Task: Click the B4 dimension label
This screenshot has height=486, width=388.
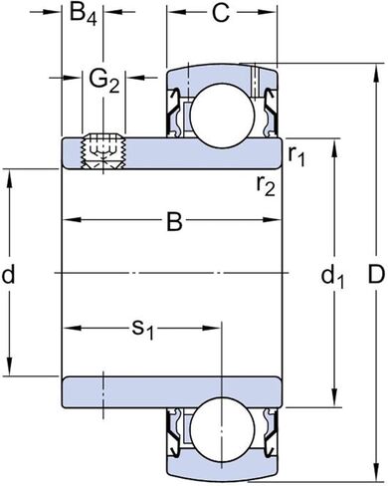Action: pyautogui.click(x=84, y=16)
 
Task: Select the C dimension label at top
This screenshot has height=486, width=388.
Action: pyautogui.click(x=221, y=16)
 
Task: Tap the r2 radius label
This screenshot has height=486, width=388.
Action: pyautogui.click(x=265, y=184)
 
